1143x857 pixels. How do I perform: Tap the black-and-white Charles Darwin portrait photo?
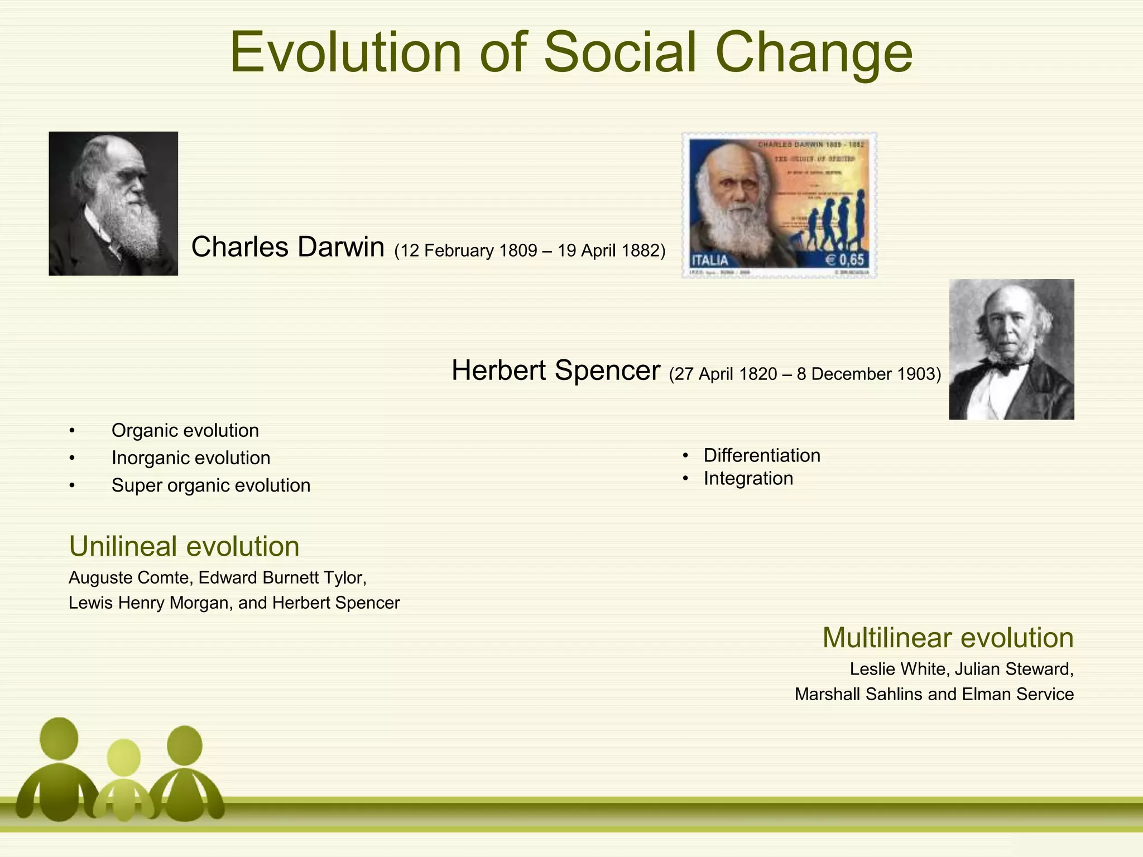[x=113, y=204]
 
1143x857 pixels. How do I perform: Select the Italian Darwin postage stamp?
[x=779, y=205]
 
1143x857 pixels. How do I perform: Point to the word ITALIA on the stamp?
[x=710, y=261]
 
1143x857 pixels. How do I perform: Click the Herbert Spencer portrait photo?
[x=1011, y=349]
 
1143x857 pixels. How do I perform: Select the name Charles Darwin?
[x=287, y=247]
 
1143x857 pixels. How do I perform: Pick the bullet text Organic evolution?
[x=185, y=430]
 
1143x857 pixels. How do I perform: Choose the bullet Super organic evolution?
[x=210, y=485]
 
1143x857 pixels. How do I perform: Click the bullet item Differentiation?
[x=761, y=455]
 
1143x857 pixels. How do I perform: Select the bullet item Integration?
[x=748, y=479]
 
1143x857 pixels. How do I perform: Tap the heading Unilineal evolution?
[x=184, y=546]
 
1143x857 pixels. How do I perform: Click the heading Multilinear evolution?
[x=948, y=638]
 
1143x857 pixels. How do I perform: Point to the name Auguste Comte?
[x=129, y=577]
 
